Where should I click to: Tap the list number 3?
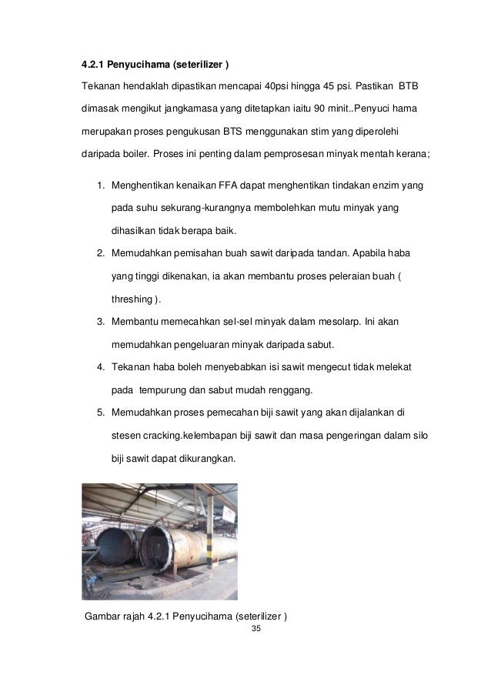(101, 322)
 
